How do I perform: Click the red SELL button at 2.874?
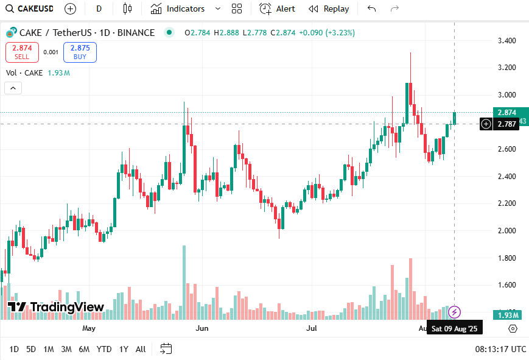tap(22, 52)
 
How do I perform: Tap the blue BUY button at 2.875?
tap(80, 52)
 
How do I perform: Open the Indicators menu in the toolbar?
tap(177, 9)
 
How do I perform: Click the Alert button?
tap(277, 9)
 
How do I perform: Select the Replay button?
tap(329, 9)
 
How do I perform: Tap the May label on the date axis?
tap(89, 328)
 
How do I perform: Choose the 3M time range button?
tap(66, 349)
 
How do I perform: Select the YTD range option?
tap(104, 349)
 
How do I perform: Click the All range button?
tap(141, 349)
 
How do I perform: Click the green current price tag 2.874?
tap(506, 113)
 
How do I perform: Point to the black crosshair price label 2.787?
tap(506, 124)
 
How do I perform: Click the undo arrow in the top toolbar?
tap(372, 9)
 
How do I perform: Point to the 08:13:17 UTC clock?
tap(500, 349)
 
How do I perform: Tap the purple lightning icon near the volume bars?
tap(454, 312)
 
